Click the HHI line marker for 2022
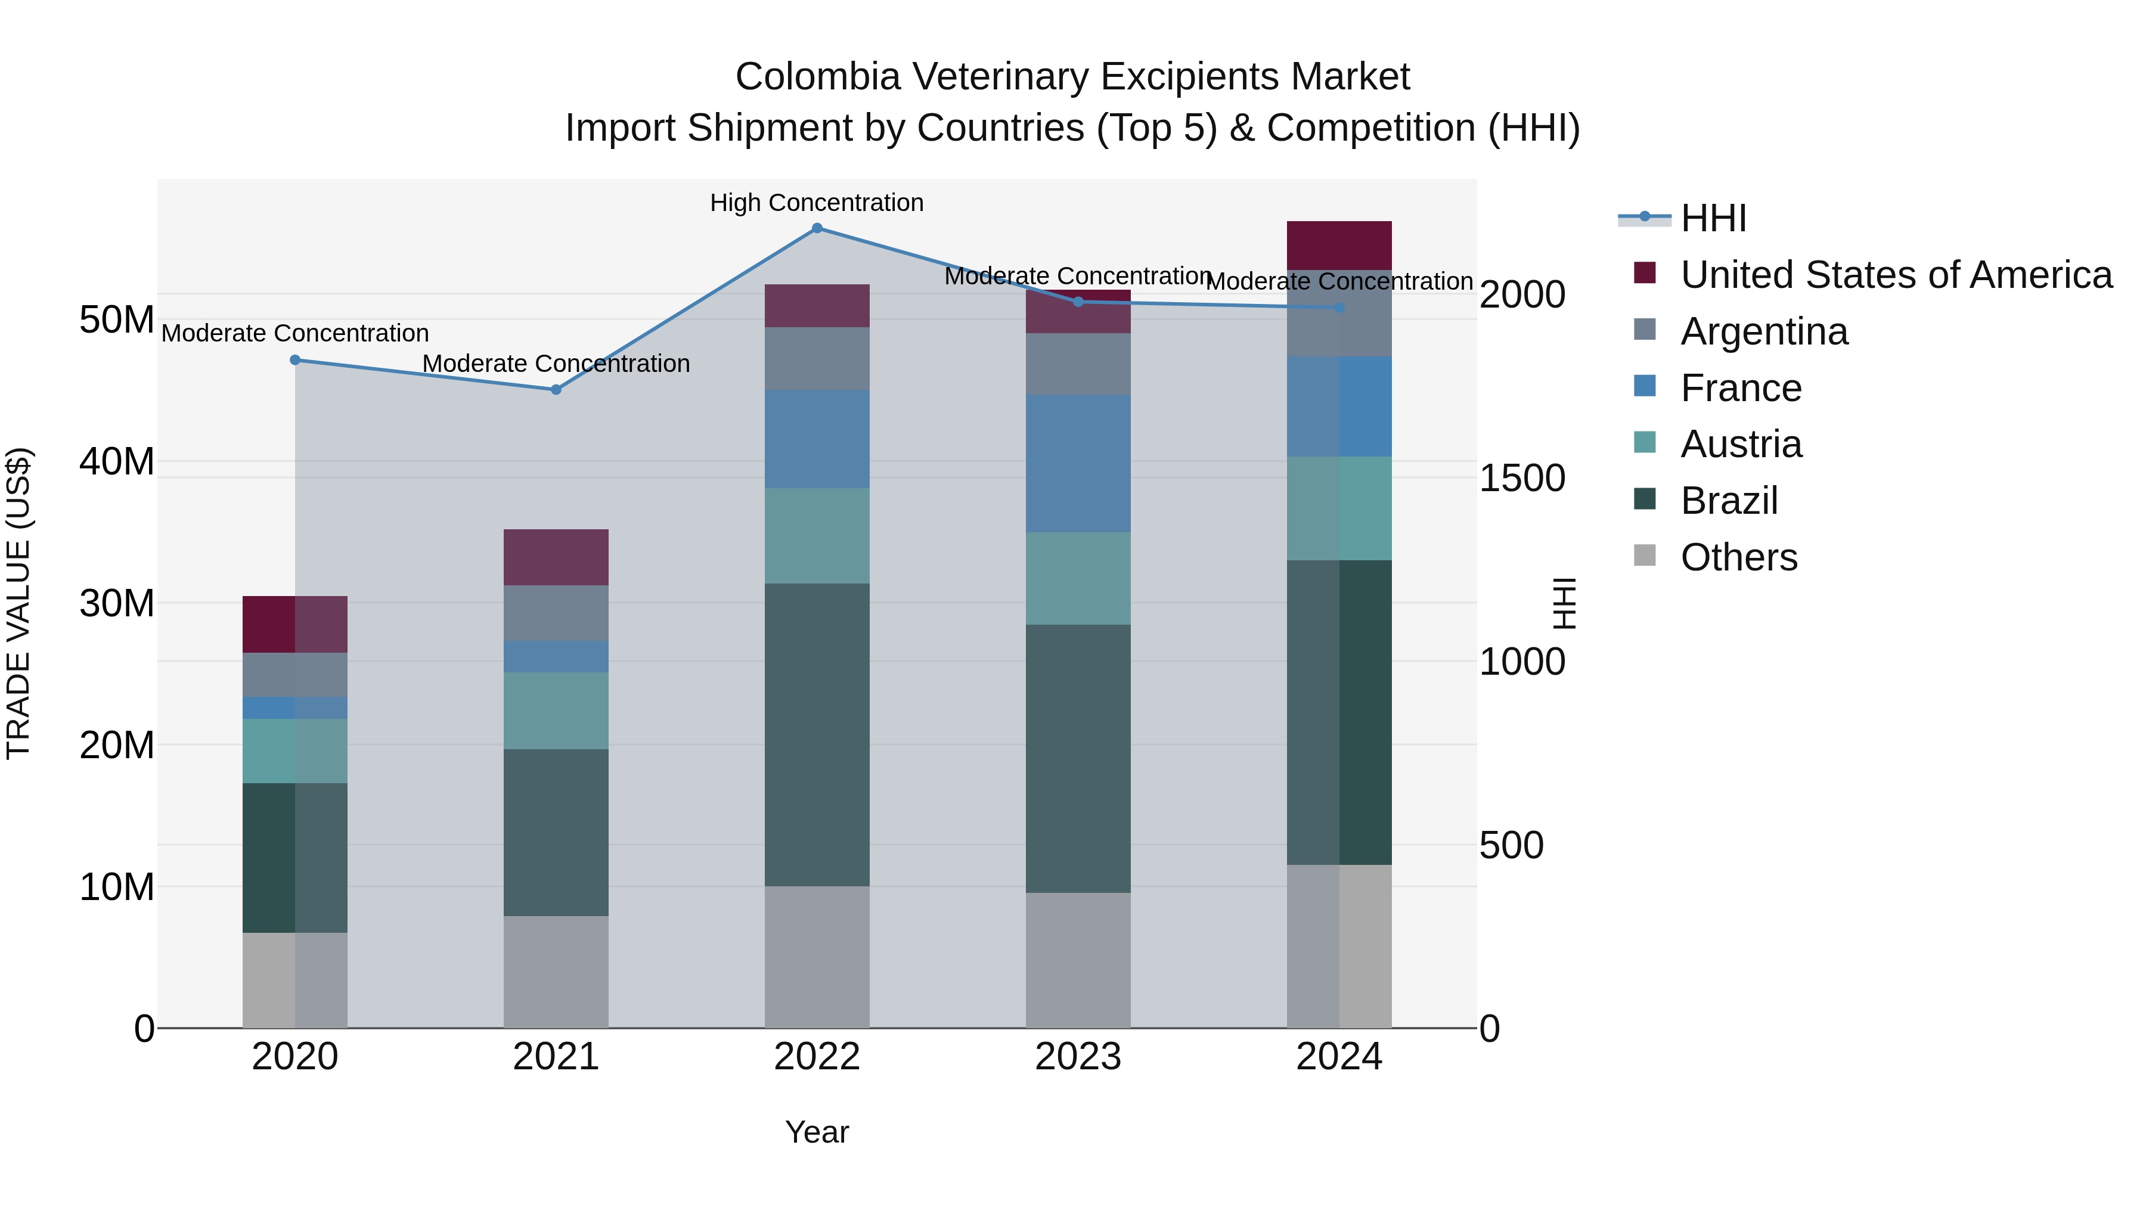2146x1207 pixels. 817,228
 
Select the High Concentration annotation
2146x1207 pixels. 817,203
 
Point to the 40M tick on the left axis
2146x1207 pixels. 117,461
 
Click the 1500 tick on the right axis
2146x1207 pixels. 1522,479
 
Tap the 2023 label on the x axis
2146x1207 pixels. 1078,1057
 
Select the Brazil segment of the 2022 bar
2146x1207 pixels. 817,735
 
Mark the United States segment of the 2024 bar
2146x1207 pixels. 1339,246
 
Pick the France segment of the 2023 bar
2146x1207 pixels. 1078,463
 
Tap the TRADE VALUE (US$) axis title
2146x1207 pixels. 18,603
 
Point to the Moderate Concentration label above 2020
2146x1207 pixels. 295,333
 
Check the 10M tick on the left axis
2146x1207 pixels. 117,887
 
